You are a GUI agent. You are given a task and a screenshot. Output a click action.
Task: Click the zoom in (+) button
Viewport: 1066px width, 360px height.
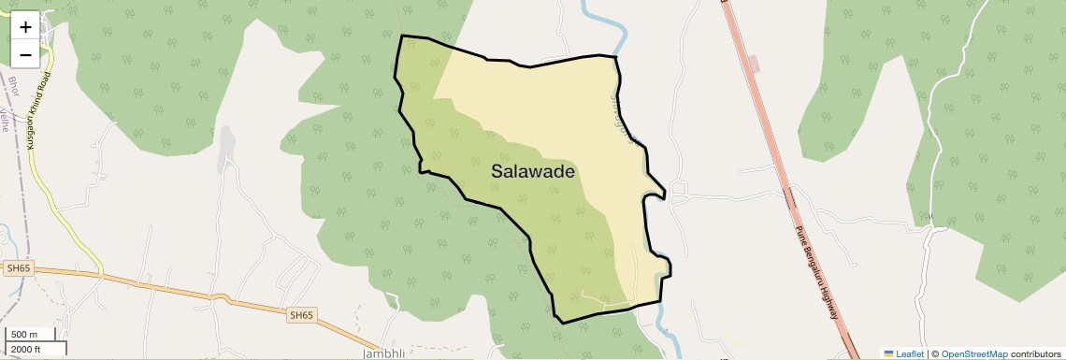click(x=25, y=27)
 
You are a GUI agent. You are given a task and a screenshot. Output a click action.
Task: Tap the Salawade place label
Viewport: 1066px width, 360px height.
click(x=532, y=172)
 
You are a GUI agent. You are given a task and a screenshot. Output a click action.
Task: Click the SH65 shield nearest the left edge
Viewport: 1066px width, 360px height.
click(x=18, y=268)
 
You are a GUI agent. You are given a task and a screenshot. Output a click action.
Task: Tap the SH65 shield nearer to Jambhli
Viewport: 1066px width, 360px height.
click(x=301, y=316)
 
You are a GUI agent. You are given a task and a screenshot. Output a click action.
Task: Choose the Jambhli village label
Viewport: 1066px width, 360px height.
click(x=383, y=354)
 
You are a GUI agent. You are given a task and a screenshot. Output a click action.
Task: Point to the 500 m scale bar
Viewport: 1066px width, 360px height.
click(x=24, y=335)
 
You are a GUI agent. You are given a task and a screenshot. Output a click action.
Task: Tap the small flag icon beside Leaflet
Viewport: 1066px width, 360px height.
click(x=888, y=354)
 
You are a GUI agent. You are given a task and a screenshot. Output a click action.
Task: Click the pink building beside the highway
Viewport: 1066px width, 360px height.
click(x=755, y=65)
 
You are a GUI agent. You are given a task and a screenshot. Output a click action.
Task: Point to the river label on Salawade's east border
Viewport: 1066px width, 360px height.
click(x=625, y=116)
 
